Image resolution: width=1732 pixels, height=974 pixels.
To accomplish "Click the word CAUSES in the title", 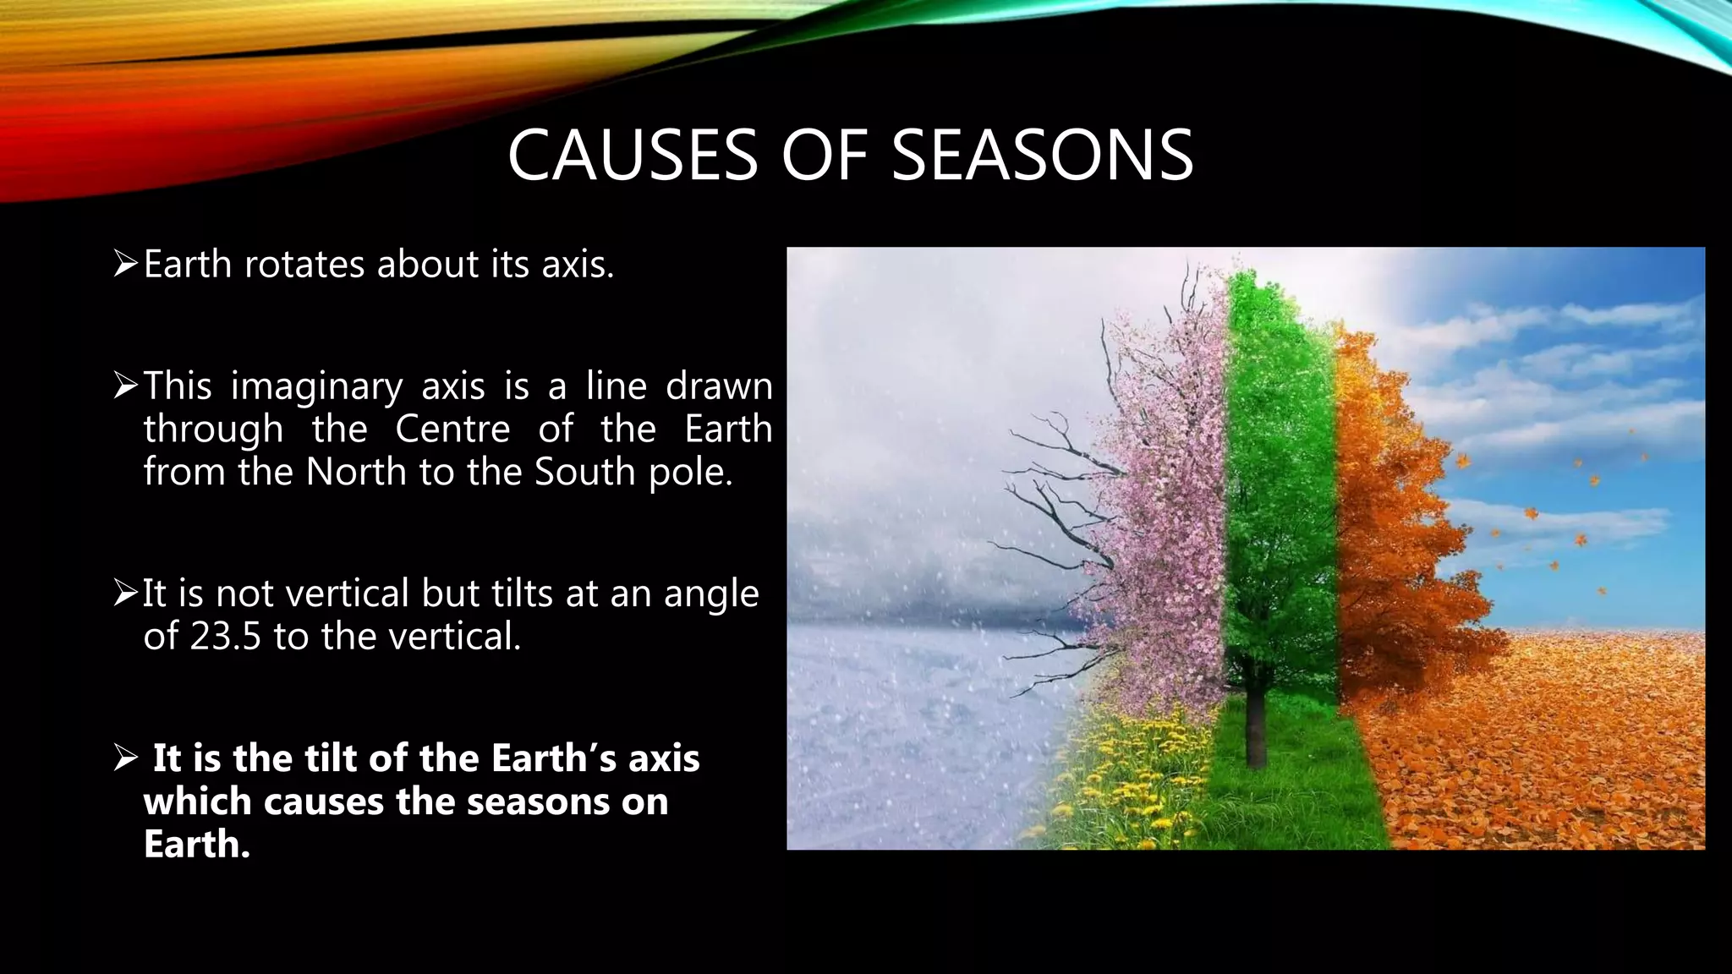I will click(x=632, y=156).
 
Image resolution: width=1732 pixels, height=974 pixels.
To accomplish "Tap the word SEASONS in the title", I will click(x=1042, y=156).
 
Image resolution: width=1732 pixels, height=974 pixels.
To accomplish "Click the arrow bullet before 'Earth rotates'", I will click(x=125, y=265).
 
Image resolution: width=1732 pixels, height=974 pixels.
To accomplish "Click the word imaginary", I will click(x=316, y=387).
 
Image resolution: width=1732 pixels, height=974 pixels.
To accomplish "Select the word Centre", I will click(x=452, y=429).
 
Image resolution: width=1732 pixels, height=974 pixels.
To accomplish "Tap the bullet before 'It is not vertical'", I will click(x=125, y=594).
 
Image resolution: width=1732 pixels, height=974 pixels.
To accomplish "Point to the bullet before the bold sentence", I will click(x=125, y=758).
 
